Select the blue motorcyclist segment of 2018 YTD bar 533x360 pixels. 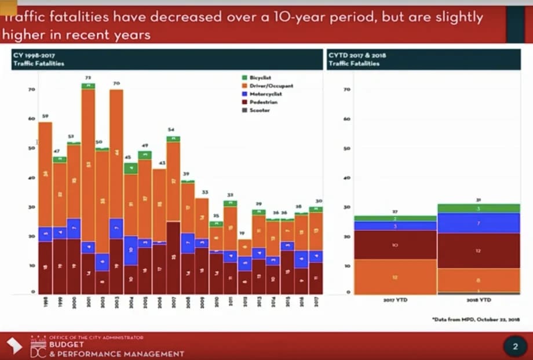coord(479,223)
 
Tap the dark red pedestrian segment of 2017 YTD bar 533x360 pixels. coord(395,245)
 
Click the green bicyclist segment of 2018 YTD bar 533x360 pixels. coord(479,208)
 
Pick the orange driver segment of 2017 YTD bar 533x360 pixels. coord(395,277)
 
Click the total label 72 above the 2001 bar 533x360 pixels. coord(88,77)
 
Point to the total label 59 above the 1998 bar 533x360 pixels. coord(45,116)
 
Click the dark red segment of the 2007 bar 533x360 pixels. coord(173,257)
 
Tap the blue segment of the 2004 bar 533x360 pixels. coord(130,250)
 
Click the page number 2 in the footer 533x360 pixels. coord(515,347)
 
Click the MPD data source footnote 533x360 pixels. coord(476,319)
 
